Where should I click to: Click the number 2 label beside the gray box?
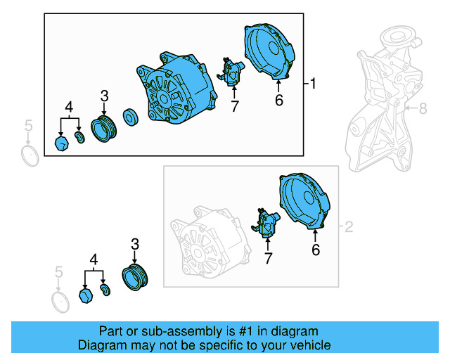pos(348,228)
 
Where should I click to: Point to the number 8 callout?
pos(423,108)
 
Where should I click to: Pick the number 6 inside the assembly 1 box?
pos(278,101)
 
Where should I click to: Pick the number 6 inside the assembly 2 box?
pos(316,249)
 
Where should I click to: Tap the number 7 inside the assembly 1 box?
pos(234,106)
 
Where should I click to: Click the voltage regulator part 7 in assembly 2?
pos(267,223)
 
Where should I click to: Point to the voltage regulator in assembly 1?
pos(232,70)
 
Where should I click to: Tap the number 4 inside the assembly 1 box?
pos(69,108)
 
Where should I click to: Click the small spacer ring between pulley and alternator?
pos(130,117)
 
